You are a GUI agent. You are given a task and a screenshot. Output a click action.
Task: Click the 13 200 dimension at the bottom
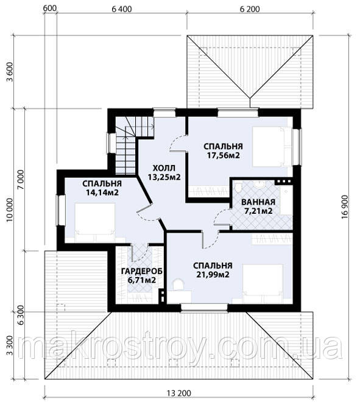tap(178, 393)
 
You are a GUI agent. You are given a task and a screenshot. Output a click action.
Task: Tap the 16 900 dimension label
tap(345, 206)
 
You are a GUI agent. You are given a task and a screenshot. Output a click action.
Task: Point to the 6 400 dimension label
tap(122, 9)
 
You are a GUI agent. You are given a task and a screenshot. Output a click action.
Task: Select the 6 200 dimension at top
tap(250, 9)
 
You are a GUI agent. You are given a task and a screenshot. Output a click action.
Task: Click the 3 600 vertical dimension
tap(10, 72)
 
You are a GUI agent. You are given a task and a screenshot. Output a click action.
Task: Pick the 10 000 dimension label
tap(10, 210)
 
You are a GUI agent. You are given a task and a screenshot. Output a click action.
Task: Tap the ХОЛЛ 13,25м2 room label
tap(164, 172)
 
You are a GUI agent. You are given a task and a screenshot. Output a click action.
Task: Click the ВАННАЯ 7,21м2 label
tap(258, 206)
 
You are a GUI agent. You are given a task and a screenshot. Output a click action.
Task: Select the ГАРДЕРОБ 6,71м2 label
tap(142, 275)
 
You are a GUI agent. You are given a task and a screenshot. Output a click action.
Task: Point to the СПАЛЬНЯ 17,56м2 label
tap(223, 150)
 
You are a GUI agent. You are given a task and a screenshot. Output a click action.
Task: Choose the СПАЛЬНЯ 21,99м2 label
tap(213, 270)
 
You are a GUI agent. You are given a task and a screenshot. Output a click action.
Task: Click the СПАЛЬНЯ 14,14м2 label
tap(102, 188)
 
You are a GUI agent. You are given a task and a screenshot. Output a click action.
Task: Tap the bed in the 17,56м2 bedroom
tap(272, 146)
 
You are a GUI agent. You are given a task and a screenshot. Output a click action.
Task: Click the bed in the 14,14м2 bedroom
tap(95, 222)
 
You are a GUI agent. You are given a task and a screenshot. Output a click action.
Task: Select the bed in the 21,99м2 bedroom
tap(263, 284)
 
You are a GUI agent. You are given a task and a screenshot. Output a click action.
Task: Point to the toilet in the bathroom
tap(238, 188)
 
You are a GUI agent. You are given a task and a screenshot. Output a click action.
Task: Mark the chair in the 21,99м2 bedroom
tap(178, 284)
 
